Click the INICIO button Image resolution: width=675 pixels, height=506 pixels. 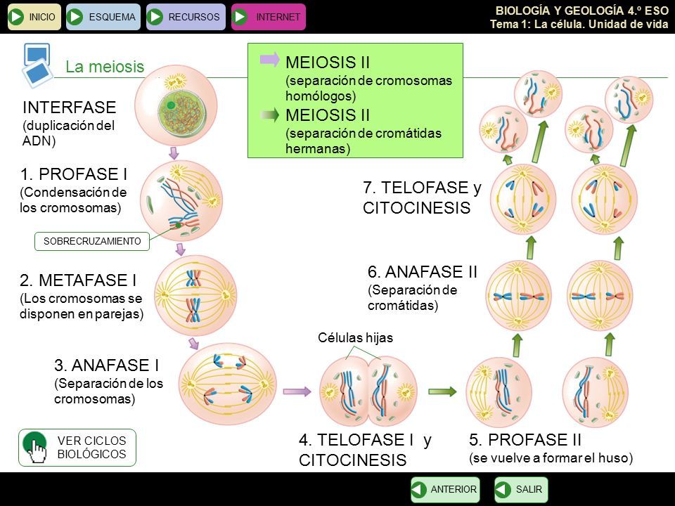click(34, 17)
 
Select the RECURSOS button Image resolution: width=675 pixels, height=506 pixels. click(186, 17)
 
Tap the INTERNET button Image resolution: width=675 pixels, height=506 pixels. click(268, 17)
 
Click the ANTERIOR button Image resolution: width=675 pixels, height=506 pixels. click(445, 489)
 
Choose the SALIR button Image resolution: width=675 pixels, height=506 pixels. click(521, 489)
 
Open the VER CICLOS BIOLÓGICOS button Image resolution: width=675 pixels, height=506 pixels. click(77, 448)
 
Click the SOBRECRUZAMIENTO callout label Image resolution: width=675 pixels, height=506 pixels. click(92, 241)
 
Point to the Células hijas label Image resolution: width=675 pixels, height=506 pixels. click(355, 338)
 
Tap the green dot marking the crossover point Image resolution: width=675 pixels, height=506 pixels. click(178, 225)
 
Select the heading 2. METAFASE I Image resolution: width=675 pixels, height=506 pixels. click(78, 280)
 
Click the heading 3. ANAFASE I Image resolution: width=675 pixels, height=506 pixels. click(106, 365)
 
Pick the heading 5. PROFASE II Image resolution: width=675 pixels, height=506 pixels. click(525, 440)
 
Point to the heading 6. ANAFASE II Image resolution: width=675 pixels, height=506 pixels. click(423, 272)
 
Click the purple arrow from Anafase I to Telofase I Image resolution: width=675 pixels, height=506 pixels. click(297, 391)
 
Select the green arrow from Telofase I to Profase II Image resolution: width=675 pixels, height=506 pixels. click(442, 391)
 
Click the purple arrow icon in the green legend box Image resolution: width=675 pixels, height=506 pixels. click(270, 59)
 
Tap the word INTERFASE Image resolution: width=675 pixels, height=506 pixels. click(70, 107)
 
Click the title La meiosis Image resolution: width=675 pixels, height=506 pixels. click(105, 67)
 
